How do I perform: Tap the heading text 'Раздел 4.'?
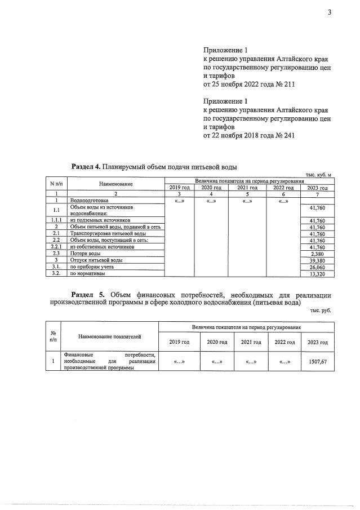click(x=86, y=167)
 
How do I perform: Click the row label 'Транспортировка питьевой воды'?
click(x=108, y=233)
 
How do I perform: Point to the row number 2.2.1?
click(x=56, y=247)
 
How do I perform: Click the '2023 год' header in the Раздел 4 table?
click(x=317, y=188)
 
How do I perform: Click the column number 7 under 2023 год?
click(x=317, y=194)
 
